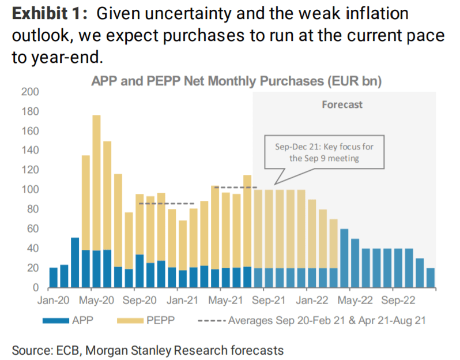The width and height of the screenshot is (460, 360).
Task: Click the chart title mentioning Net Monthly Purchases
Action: [x=236, y=82]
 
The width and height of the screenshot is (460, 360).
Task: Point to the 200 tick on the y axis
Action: [x=31, y=92]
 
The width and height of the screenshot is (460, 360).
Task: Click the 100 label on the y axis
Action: [x=31, y=190]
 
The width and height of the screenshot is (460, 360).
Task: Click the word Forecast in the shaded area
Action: [x=342, y=104]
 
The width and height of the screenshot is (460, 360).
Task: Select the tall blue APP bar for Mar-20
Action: [x=75, y=262]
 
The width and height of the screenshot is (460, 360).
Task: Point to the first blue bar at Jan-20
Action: [x=54, y=277]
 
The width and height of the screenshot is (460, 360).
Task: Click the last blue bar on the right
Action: [x=431, y=277]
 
